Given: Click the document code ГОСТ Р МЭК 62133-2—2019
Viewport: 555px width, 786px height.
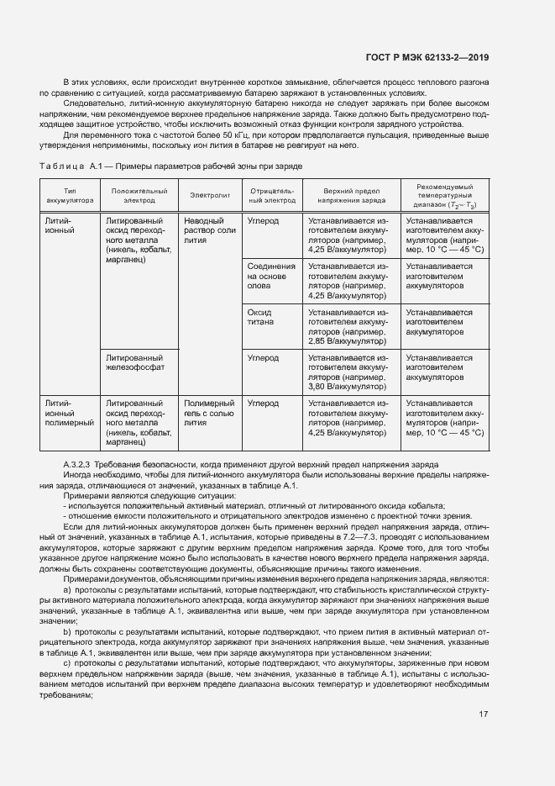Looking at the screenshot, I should pyautogui.click(x=427, y=58).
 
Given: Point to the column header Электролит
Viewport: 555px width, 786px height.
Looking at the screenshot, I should pyautogui.click(x=209, y=196).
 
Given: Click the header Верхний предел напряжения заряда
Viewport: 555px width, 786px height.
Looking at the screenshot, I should pyautogui.click(x=352, y=196).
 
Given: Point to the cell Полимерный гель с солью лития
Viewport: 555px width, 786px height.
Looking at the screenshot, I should pyautogui.click(x=209, y=413).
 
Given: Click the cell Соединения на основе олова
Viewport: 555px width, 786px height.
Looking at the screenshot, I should pyautogui.click(x=270, y=276).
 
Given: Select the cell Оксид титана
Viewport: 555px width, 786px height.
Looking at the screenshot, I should pyautogui.click(x=261, y=317).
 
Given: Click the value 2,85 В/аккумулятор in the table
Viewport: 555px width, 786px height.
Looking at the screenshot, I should pyautogui.click(x=344, y=341).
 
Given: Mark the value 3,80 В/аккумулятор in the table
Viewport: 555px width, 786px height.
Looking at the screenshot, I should pyautogui.click(x=344, y=388).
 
